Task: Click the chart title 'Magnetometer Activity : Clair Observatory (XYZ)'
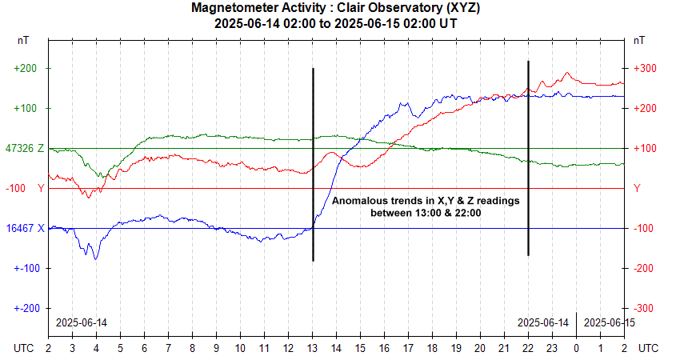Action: tap(336, 8)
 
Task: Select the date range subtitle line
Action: tap(336, 23)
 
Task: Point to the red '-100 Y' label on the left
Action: tap(26, 188)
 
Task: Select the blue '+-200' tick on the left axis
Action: tap(26, 308)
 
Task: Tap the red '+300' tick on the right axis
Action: tap(645, 69)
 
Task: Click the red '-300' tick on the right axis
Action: tap(645, 308)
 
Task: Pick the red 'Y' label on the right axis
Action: tap(637, 188)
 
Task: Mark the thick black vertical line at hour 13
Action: tap(313, 160)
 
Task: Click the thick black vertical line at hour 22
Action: tap(528, 160)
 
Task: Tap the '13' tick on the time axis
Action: tap(313, 349)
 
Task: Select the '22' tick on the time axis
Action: tap(528, 349)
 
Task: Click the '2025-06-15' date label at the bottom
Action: tap(609, 322)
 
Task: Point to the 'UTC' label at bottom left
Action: tap(25, 349)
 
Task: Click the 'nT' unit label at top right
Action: tap(639, 39)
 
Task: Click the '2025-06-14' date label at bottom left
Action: tap(81, 322)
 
